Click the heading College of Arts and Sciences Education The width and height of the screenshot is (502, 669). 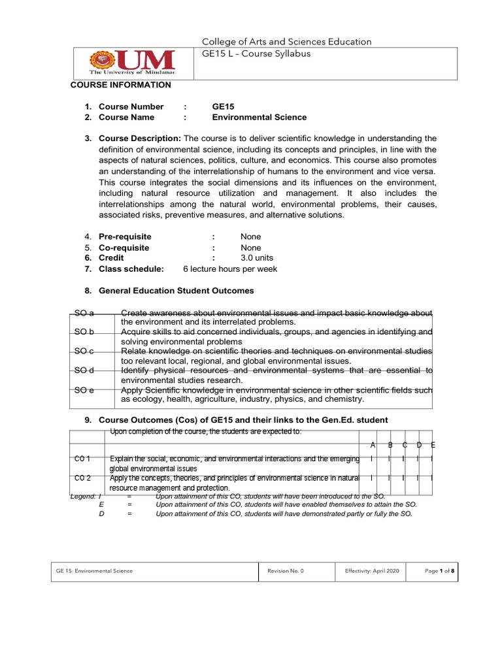click(288, 42)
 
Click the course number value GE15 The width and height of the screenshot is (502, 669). click(223, 106)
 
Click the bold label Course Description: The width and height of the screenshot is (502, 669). click(140, 139)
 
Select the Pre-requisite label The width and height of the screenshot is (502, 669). click(125, 237)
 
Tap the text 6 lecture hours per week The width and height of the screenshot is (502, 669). click(230, 269)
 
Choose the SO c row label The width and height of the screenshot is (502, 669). click(85, 351)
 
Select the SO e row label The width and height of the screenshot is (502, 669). click(85, 390)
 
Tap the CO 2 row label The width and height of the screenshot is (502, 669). click(83, 478)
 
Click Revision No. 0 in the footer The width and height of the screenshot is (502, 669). click(286, 571)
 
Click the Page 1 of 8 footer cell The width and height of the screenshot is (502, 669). click(439, 571)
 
